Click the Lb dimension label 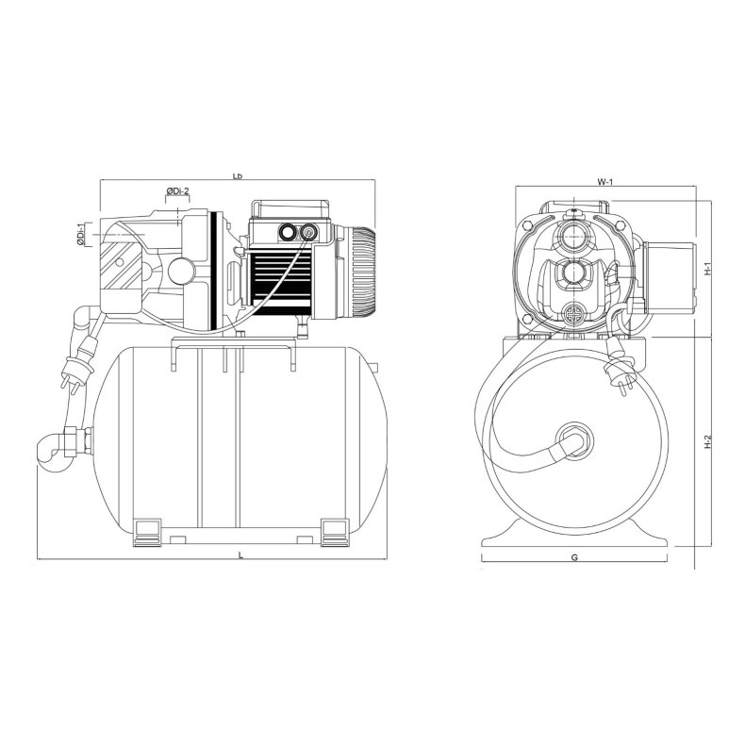tap(238, 176)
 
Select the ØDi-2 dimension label tap(179, 192)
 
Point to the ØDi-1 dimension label tap(81, 235)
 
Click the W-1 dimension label tap(604, 182)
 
